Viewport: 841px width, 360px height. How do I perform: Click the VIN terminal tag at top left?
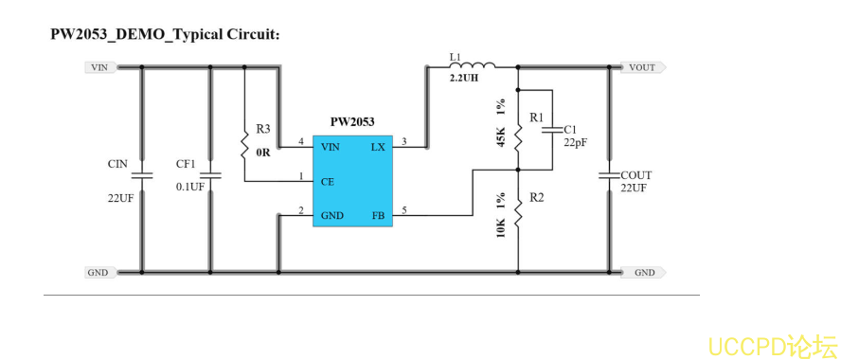click(x=98, y=67)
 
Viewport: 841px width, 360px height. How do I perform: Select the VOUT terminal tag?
click(x=642, y=67)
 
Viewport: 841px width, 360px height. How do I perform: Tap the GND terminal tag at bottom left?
click(x=98, y=272)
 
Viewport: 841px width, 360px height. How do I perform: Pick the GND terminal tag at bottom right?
click(x=643, y=272)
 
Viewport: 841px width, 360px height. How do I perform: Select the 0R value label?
click(x=263, y=151)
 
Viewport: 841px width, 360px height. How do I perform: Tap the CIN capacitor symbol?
click(x=142, y=175)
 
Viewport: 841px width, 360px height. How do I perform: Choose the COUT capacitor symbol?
click(x=608, y=175)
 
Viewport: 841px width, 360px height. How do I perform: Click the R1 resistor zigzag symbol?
click(x=518, y=138)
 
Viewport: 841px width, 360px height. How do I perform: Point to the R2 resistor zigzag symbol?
click(x=518, y=215)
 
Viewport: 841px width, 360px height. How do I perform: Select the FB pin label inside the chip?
click(x=379, y=215)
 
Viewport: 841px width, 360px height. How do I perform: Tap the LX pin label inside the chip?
click(x=378, y=146)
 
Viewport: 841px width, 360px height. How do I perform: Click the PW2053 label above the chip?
click(x=351, y=121)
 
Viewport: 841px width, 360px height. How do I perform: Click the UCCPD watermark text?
click(x=772, y=342)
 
